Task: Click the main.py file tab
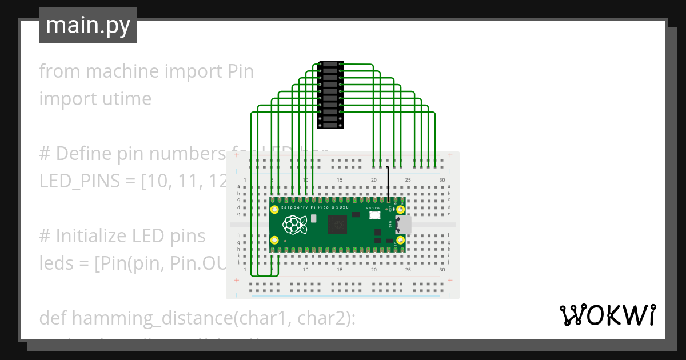(x=88, y=25)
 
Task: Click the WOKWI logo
(x=607, y=315)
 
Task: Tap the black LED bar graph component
(x=330, y=94)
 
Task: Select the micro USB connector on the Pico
(x=402, y=225)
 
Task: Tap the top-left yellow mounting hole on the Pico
(x=275, y=210)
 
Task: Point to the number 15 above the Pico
(x=340, y=181)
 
